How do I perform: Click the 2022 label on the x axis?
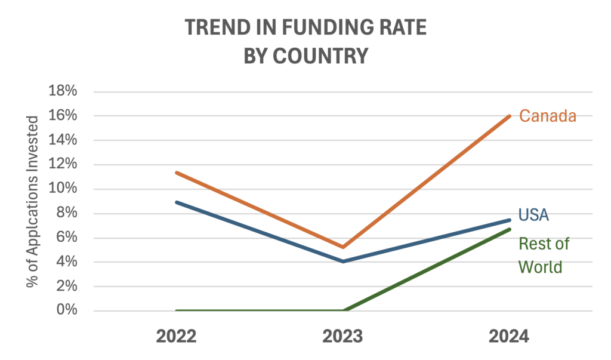point(176,337)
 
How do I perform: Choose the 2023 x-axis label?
point(342,337)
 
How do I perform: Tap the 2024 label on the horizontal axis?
point(509,337)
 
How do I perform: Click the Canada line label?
point(547,116)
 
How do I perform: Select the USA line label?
point(533,214)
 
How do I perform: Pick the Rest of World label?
point(544,255)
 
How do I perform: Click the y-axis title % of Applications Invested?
point(33,201)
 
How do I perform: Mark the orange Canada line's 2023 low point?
point(343,247)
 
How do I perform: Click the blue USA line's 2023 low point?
point(343,261)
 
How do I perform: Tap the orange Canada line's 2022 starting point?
point(177,173)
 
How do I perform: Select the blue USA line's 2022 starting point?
point(177,202)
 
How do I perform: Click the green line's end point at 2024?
point(509,229)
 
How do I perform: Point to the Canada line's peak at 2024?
point(509,116)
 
